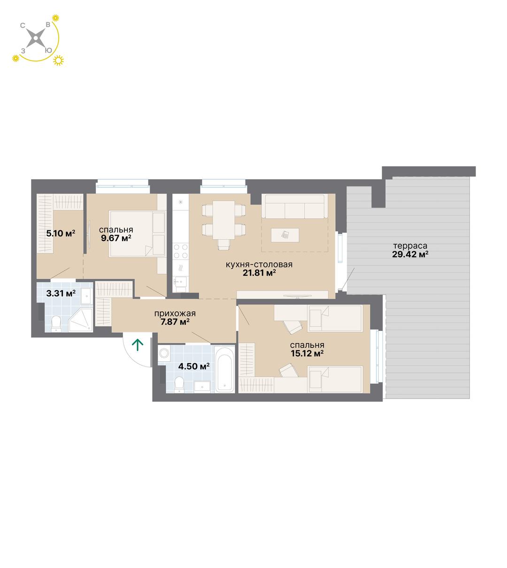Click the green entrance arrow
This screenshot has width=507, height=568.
click(x=138, y=345)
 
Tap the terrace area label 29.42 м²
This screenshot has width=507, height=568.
click(x=410, y=254)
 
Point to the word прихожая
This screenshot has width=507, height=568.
click(x=175, y=314)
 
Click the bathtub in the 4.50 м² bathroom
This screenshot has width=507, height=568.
click(x=224, y=368)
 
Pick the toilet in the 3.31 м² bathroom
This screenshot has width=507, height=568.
click(x=56, y=323)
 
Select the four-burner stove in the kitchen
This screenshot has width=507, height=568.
click(x=181, y=251)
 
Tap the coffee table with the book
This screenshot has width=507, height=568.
click(x=285, y=235)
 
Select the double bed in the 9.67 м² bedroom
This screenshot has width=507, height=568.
click(x=138, y=233)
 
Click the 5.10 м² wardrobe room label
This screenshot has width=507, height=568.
click(x=61, y=233)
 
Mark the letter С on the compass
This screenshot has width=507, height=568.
click(x=23, y=25)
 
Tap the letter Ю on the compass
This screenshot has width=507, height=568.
click(x=48, y=51)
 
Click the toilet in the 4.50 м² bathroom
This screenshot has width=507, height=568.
click(x=179, y=384)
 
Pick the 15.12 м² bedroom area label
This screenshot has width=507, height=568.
click(x=307, y=353)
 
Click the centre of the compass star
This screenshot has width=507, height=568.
click(x=36, y=38)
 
